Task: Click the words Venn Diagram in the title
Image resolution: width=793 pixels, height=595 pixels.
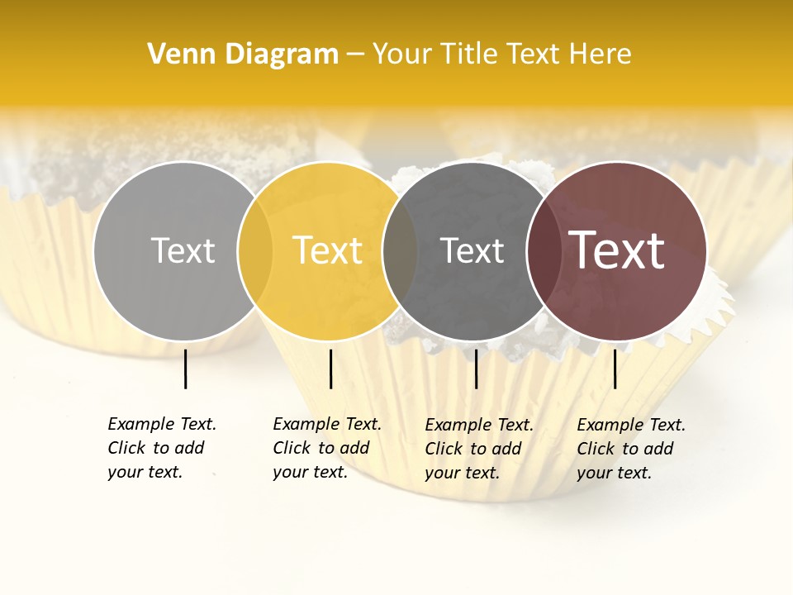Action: pos(243,55)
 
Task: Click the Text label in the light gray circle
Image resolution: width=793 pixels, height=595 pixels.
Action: pos(183,251)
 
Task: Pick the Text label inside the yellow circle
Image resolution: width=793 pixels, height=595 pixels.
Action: pos(328,251)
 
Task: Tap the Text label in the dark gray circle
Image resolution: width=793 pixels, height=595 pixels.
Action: pos(472,251)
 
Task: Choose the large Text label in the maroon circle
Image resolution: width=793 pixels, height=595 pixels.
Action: pos(617,251)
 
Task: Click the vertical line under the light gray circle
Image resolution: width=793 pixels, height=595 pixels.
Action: pos(186,369)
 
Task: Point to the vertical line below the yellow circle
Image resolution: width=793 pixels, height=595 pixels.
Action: pos(330,369)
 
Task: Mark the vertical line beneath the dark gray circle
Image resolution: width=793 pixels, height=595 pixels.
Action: pos(476,369)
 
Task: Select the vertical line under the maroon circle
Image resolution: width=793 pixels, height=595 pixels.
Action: pos(615,369)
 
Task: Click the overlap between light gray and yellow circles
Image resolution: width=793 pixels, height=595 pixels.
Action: pos(255,251)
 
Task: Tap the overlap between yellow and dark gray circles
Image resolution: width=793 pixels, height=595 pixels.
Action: pos(400,251)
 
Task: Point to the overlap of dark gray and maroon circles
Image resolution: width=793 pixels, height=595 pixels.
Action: pos(544,251)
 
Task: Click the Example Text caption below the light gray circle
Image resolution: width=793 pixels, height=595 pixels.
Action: pos(161,448)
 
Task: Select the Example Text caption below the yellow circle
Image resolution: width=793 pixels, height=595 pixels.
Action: pos(326,448)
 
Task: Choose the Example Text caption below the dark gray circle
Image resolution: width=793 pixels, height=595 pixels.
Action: pos(478,449)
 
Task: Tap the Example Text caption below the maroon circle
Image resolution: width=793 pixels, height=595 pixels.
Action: pos(630,449)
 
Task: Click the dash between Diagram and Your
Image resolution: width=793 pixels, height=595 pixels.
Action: pos(355,55)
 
